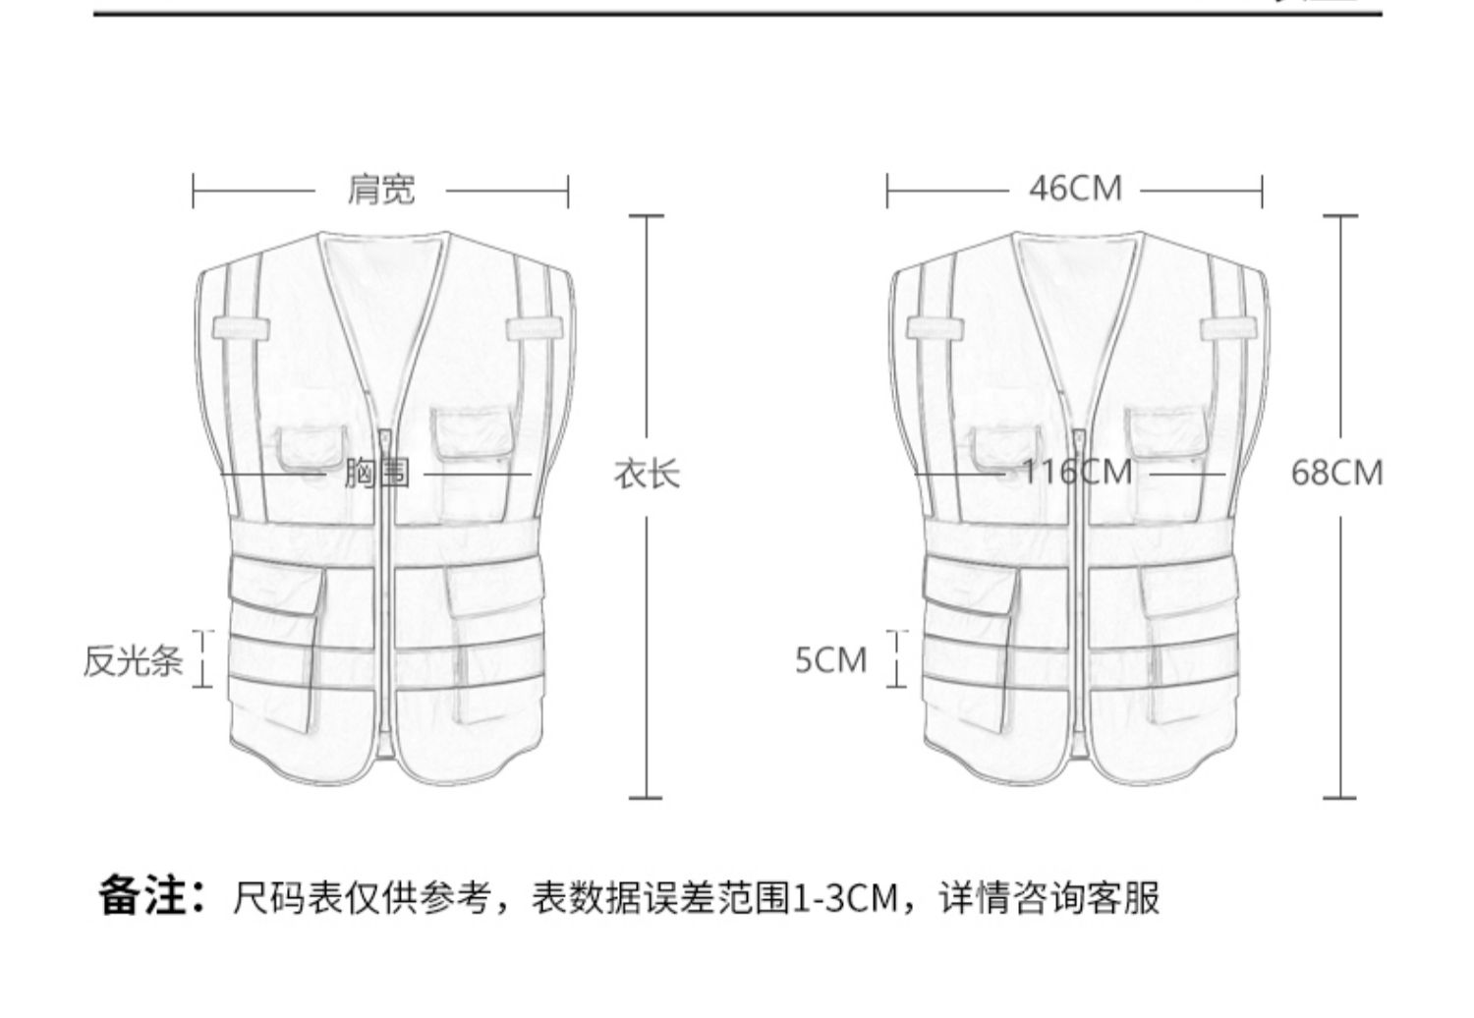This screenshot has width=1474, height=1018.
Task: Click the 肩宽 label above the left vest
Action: click(380, 189)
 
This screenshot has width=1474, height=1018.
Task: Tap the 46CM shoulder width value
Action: click(1075, 189)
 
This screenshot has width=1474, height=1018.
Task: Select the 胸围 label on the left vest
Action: click(377, 475)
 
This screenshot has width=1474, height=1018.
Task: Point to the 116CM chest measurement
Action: click(1077, 473)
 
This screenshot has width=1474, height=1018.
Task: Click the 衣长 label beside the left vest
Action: click(647, 475)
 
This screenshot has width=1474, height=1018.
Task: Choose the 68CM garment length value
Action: click(1336, 473)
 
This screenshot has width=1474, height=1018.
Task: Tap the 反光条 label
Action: click(133, 660)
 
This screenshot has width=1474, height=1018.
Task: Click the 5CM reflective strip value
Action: click(831, 660)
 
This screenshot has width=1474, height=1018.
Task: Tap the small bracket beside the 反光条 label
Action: click(203, 658)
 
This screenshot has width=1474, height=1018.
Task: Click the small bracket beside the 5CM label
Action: click(897, 658)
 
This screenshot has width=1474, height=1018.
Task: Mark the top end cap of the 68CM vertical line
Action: click(1340, 216)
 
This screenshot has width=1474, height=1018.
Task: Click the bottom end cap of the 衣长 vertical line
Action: click(646, 797)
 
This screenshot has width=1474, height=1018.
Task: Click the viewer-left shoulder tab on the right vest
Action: click(935, 327)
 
